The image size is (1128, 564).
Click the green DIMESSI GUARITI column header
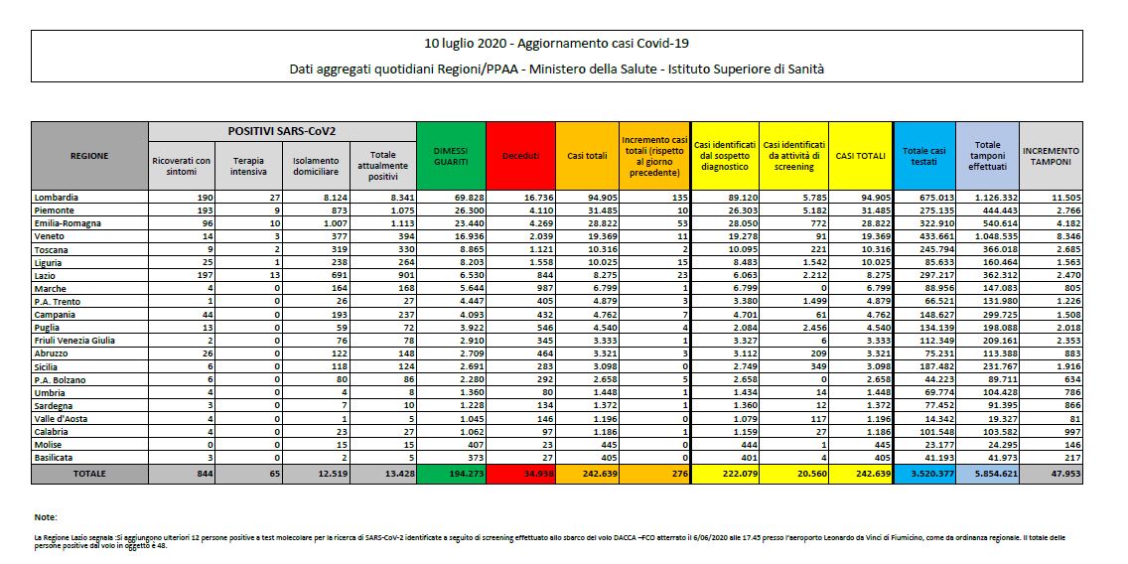click(451, 155)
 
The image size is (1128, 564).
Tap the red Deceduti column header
click(520, 156)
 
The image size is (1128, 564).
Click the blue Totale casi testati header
click(923, 155)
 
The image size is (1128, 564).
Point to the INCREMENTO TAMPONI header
click(1051, 156)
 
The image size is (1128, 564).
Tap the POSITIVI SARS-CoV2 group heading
click(282, 131)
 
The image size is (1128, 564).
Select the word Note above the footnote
click(46, 517)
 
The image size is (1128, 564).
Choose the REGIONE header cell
click(89, 156)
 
